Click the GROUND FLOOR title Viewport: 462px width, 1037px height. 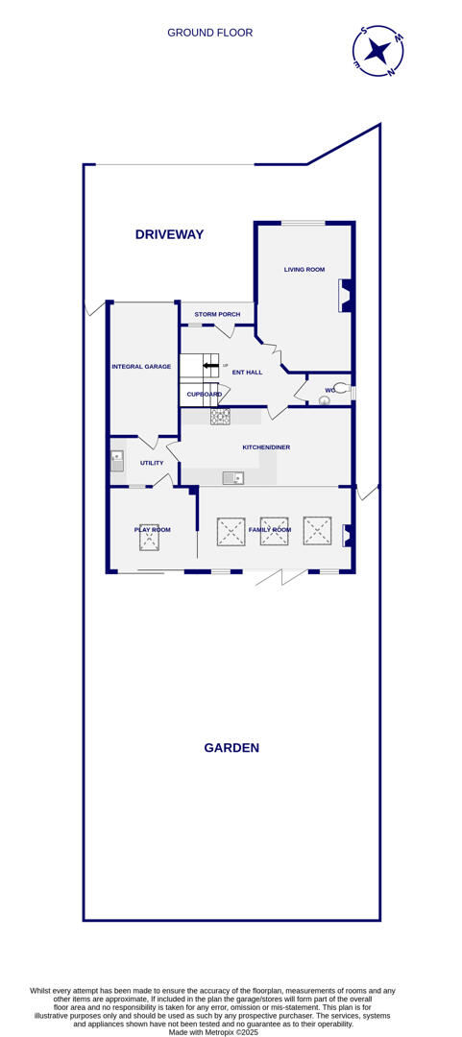tap(209, 33)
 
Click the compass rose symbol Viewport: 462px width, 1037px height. tap(377, 51)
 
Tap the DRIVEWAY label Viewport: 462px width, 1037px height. tap(169, 234)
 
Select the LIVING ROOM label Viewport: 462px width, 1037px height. tap(304, 270)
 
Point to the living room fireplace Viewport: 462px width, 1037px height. tap(345, 295)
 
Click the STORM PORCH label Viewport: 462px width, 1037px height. tap(217, 314)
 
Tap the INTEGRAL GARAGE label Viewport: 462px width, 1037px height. tap(141, 366)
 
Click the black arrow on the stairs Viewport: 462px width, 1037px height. tap(210, 366)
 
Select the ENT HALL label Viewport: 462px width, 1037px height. tap(247, 372)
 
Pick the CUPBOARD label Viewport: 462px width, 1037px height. tap(204, 395)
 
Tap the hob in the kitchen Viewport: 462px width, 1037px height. tap(220, 416)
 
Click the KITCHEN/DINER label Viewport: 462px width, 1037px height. tap(266, 447)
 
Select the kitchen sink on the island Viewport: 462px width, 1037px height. tap(232, 477)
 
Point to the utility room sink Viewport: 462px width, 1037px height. tap(117, 460)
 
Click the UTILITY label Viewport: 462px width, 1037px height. tap(152, 463)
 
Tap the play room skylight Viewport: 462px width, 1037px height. tap(149, 538)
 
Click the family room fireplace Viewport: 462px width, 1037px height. tap(348, 535)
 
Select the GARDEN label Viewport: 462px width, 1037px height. tap(231, 748)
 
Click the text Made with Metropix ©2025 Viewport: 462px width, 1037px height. tap(213, 1032)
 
